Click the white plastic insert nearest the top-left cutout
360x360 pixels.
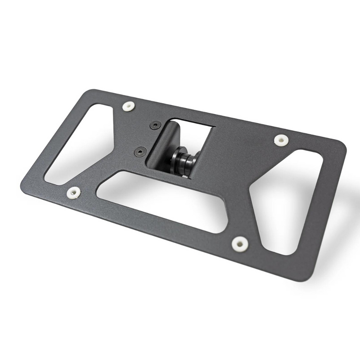click(x=129, y=107)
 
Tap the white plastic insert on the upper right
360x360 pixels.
click(x=281, y=140)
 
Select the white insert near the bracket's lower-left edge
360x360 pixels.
click(x=73, y=193)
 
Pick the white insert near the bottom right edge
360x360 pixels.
click(x=240, y=243)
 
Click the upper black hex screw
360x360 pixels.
click(x=156, y=125)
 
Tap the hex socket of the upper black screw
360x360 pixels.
click(x=156, y=125)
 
